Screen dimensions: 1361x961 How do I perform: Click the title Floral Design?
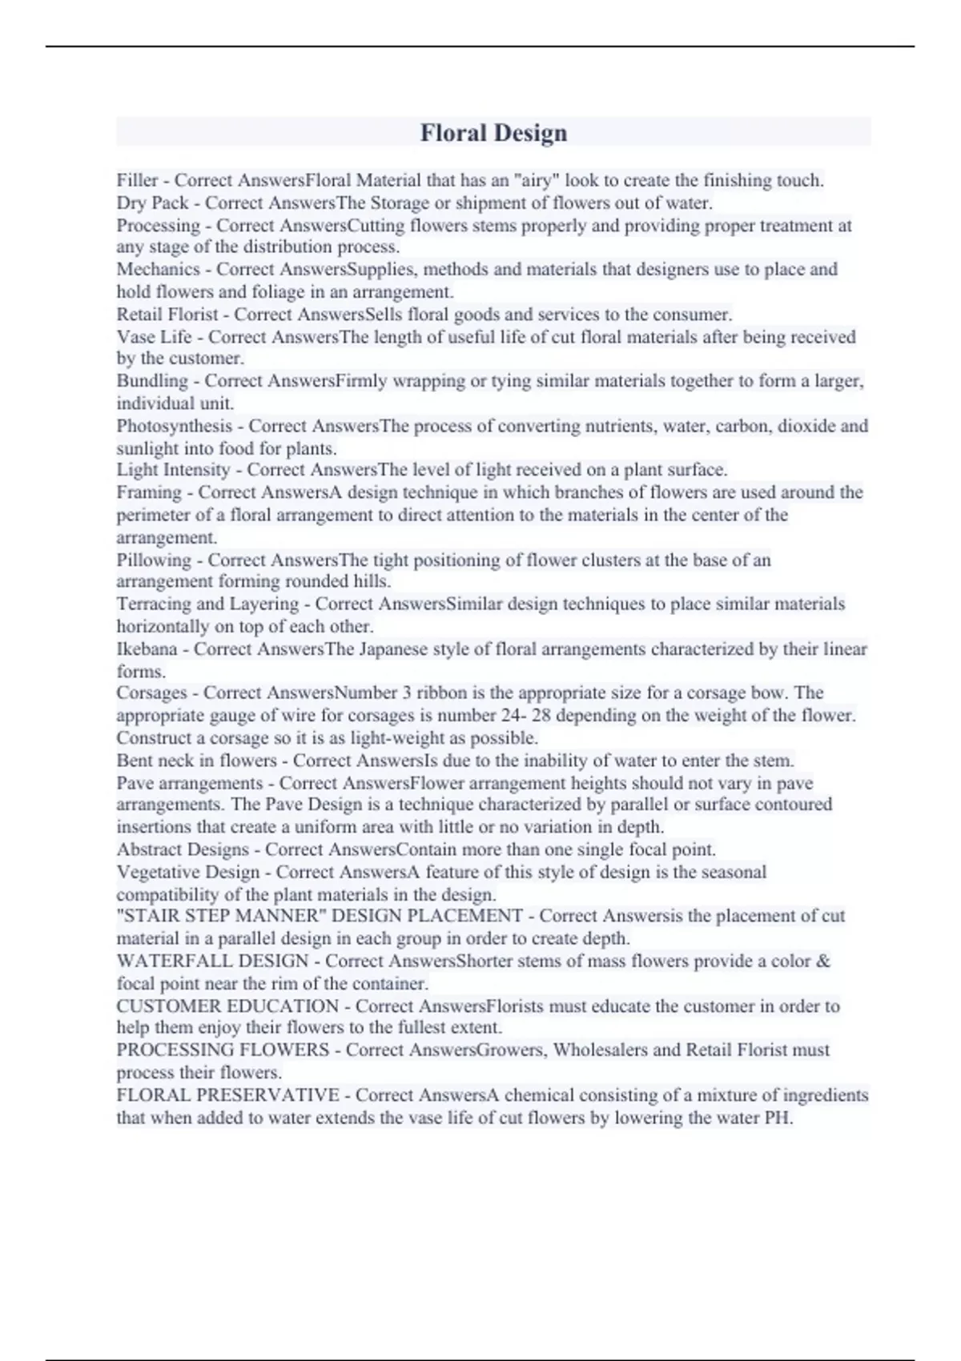pos(493,133)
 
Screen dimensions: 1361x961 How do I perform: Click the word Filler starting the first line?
pos(137,180)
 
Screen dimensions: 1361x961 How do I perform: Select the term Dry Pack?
pos(152,203)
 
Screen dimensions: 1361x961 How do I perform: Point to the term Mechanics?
pos(158,269)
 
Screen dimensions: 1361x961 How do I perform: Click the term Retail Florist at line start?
pos(167,314)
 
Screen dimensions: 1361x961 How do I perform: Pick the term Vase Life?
pos(154,337)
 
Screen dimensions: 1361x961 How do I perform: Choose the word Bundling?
pos(152,381)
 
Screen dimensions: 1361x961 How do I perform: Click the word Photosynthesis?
pos(174,426)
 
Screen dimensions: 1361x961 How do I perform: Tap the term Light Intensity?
pos(173,470)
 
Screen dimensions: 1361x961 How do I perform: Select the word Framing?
pos(149,492)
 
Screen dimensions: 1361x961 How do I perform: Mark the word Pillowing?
pos(154,560)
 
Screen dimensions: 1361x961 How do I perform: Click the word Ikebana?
pos(147,649)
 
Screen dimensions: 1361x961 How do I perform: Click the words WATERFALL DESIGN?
pos(212,961)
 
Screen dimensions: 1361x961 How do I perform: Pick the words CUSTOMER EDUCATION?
pos(227,1006)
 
